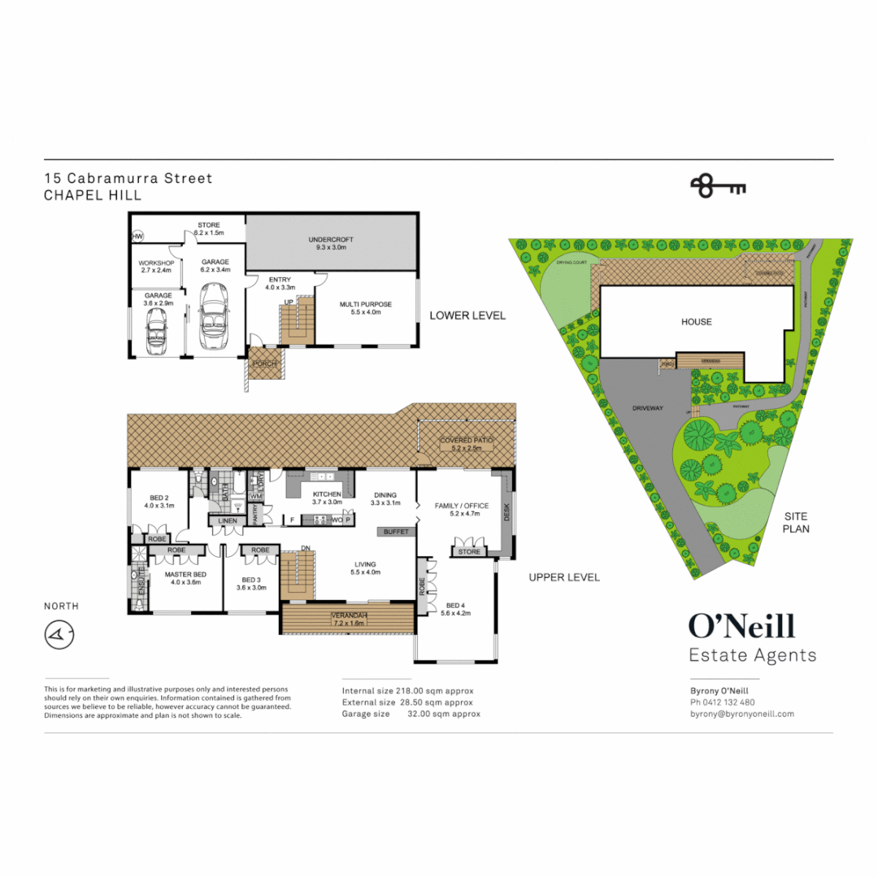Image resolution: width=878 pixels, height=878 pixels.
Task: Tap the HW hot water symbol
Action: [137, 236]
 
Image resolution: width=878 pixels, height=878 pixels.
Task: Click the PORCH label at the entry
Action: [266, 363]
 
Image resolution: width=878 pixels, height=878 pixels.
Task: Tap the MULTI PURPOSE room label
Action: [365, 305]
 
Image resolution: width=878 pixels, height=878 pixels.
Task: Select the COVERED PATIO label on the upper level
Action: [461, 441]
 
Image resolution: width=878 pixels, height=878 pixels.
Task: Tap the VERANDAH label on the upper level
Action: [348, 615]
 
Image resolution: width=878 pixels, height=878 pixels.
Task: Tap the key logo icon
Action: [718, 186]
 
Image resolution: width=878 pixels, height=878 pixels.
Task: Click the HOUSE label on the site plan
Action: [696, 322]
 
